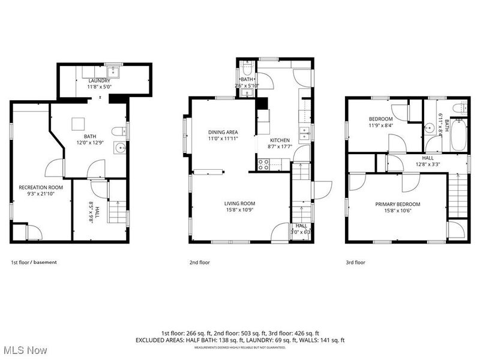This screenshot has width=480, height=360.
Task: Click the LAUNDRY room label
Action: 100,80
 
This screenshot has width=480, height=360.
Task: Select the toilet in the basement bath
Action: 119,130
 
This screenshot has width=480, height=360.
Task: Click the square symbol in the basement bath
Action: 77,123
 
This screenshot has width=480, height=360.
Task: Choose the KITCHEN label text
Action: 280,140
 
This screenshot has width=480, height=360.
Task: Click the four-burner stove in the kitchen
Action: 263,163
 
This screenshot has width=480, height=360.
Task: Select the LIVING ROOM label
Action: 240,203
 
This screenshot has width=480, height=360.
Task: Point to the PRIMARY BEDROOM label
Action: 398,204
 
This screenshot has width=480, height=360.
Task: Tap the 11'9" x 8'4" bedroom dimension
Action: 381,126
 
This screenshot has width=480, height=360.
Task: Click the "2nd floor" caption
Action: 200,262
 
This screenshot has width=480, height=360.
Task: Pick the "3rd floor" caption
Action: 355,262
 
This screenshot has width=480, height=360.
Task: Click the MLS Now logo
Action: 24,348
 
